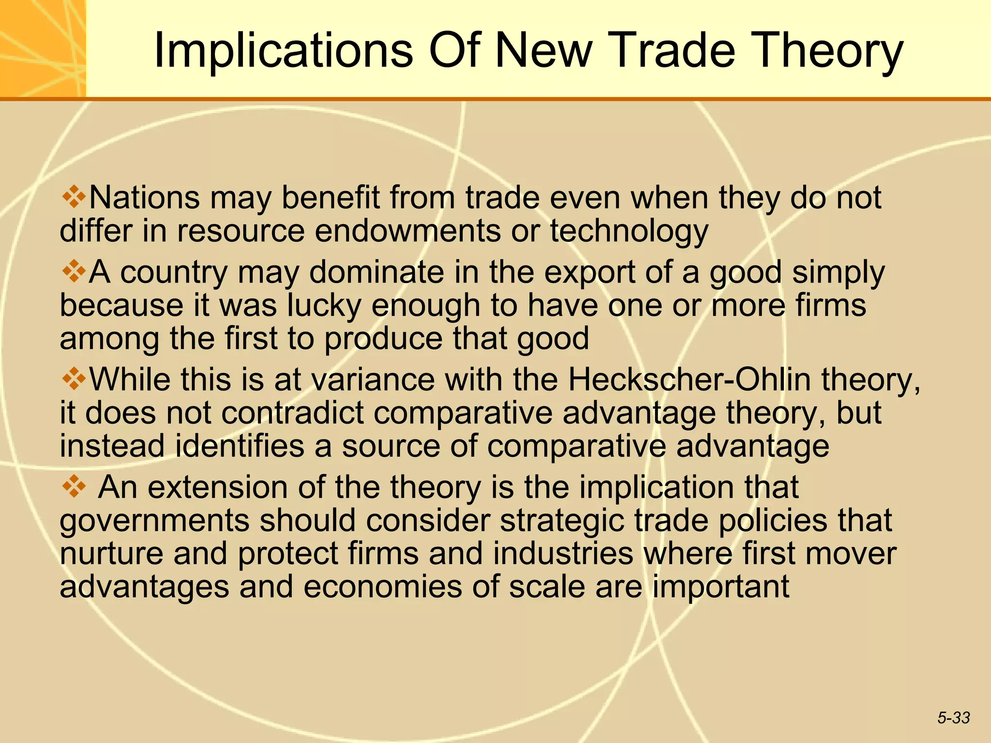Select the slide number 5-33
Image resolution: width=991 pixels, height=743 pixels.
click(953, 718)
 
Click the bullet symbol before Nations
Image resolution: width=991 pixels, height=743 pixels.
click(74, 197)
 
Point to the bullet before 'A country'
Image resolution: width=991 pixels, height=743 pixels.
click(74, 271)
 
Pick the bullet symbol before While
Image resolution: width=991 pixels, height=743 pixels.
click(74, 379)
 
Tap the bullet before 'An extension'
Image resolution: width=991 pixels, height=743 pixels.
click(74, 487)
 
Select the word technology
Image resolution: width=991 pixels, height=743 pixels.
click(629, 231)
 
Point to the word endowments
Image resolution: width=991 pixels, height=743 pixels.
click(408, 231)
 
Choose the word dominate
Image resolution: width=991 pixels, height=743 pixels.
click(376, 272)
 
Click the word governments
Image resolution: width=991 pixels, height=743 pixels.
click(154, 520)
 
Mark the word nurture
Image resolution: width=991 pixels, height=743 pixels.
click(111, 554)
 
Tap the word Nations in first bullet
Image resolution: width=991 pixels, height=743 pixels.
click(144, 198)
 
